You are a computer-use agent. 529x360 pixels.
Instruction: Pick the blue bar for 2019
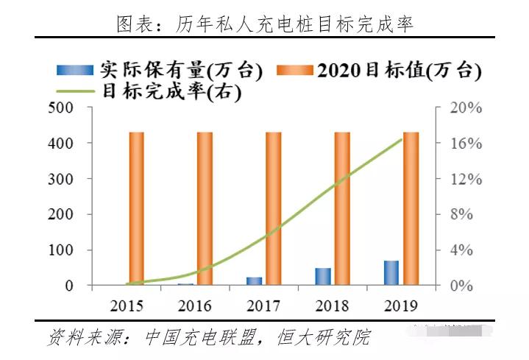click(391, 272)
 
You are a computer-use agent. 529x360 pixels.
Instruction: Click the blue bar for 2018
click(323, 276)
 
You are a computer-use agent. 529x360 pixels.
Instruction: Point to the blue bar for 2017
click(254, 280)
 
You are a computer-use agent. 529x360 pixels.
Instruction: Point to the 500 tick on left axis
click(61, 108)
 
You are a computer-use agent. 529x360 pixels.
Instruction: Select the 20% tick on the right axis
click(466, 108)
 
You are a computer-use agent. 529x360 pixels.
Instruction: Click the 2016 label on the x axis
click(194, 306)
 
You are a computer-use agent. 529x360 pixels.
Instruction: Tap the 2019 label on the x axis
click(401, 306)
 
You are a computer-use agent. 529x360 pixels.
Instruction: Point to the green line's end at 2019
click(402, 139)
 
